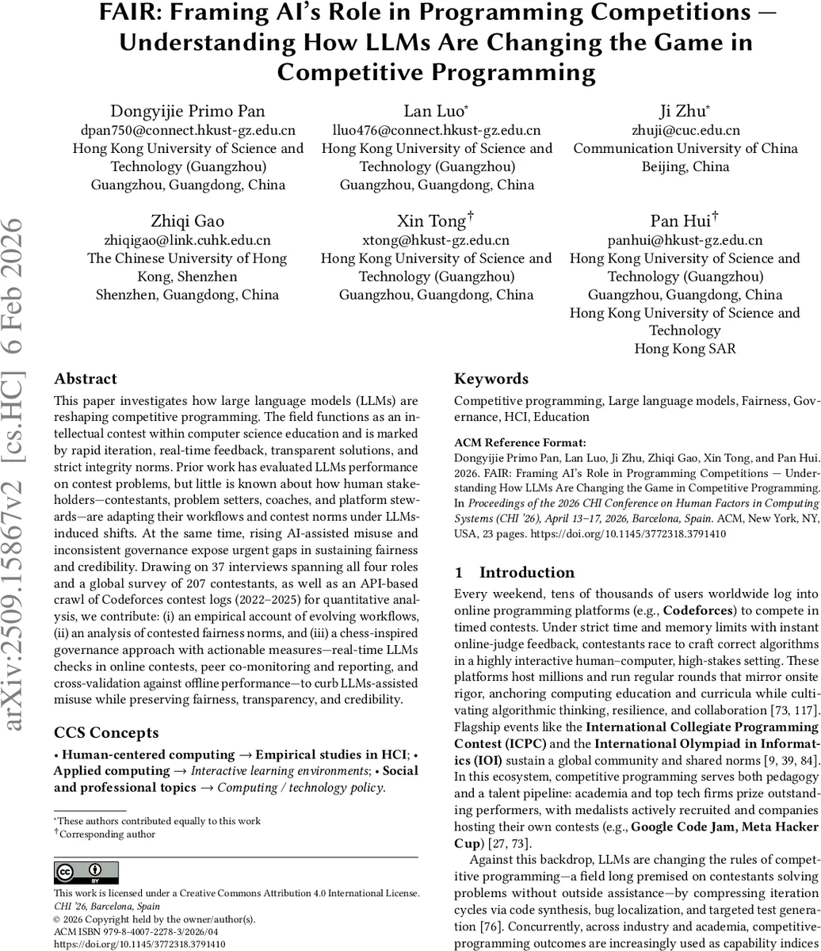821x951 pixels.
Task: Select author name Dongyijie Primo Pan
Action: (x=188, y=110)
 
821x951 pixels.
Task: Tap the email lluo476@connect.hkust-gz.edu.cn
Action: (x=437, y=130)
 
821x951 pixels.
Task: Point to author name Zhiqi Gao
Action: (x=187, y=220)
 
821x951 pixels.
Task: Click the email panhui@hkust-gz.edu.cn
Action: (x=685, y=240)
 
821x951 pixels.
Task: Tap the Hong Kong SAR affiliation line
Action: (x=685, y=349)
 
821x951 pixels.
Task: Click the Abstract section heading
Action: (x=86, y=379)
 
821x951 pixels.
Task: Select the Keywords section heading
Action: (x=491, y=379)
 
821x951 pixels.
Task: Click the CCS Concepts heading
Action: (x=106, y=732)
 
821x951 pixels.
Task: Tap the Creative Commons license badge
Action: (x=86, y=873)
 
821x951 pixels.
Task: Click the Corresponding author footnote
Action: (x=108, y=834)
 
